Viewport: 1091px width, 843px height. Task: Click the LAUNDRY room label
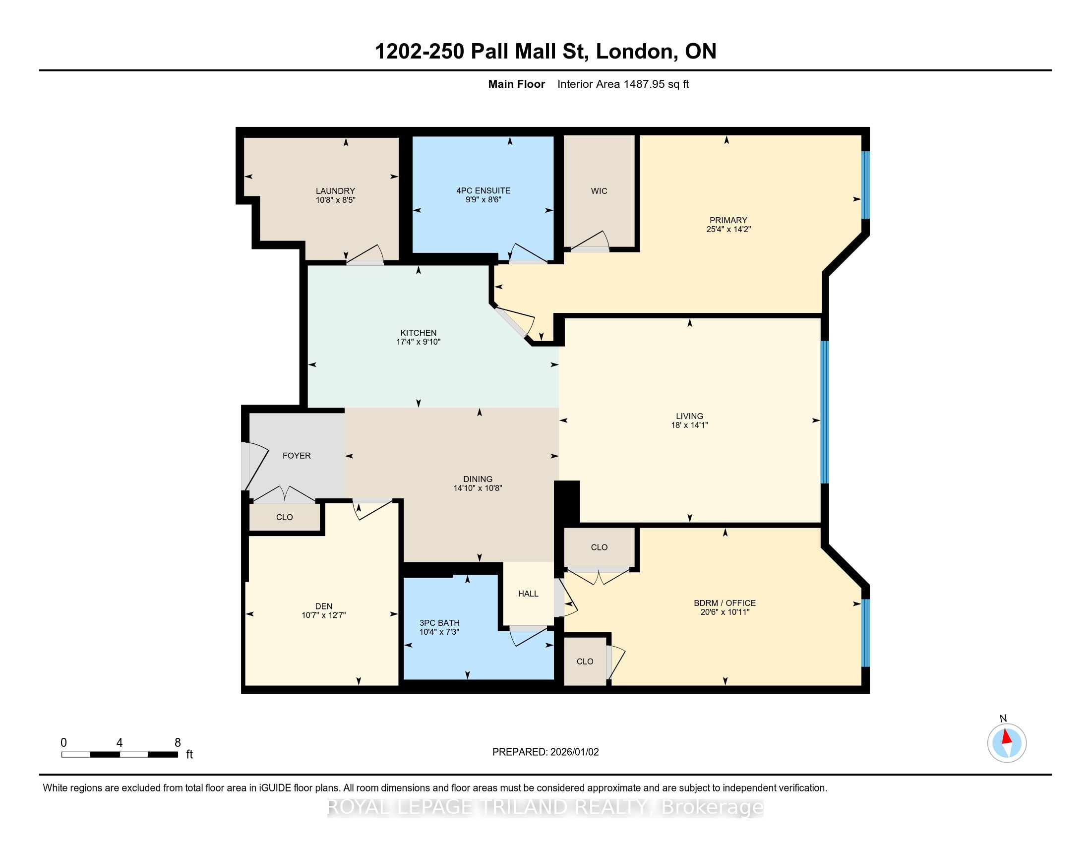(335, 191)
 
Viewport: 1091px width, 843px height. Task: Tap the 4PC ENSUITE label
(483, 190)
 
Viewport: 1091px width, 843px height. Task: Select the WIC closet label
(599, 191)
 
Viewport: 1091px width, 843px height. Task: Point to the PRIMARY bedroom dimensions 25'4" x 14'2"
(728, 229)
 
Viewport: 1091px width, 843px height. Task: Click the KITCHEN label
(418, 333)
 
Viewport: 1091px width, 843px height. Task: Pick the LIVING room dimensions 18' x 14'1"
(689, 425)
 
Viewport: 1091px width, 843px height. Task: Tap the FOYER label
(297, 455)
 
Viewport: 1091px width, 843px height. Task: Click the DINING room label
(478, 479)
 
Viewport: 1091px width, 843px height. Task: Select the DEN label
(324, 606)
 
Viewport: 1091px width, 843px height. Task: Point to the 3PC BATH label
(439, 623)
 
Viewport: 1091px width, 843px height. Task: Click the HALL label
(528, 593)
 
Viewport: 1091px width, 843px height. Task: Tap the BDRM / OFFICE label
(725, 603)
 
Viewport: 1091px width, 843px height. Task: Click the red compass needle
(1006, 736)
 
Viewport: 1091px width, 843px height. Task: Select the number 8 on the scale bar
(178, 743)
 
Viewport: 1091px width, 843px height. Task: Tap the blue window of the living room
(825, 412)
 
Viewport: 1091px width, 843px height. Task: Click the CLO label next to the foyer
(284, 517)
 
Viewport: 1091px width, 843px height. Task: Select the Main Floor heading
(517, 84)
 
